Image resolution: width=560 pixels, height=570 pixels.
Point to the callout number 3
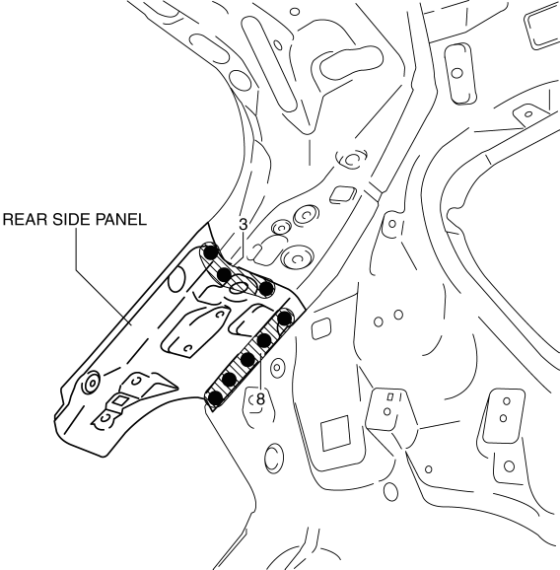244,224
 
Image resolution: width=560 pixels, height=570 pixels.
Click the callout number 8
261,399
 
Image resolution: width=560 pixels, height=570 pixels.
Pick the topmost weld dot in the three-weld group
211,251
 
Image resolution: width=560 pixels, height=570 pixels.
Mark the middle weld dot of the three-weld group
224,274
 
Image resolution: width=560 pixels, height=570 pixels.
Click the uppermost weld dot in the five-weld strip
285,319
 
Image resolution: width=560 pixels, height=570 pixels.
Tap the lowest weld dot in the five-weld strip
216,398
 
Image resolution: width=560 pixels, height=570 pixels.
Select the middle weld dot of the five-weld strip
247,360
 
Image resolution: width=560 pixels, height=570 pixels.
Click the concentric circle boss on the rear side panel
92,383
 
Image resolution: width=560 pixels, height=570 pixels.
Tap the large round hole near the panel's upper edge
177,279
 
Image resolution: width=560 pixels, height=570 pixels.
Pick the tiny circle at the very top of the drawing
295,12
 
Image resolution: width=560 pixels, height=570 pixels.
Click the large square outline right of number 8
335,433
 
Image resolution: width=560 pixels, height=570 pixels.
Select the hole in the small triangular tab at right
528,114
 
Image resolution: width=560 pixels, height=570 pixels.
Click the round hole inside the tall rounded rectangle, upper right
456,73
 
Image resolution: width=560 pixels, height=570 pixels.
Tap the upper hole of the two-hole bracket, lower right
506,401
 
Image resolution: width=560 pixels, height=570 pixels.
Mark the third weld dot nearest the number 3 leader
266,289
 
